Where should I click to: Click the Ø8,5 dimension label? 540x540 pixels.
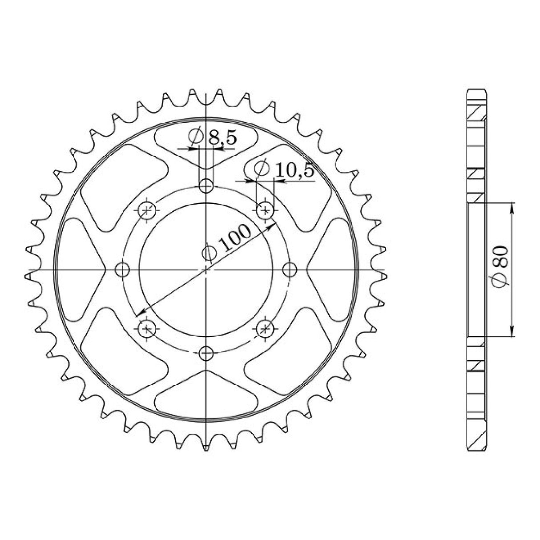(213, 137)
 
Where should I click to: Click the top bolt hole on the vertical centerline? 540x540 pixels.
(206, 185)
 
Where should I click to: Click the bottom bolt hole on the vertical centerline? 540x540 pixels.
(206, 353)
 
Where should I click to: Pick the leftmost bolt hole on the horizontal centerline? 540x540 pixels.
(122, 270)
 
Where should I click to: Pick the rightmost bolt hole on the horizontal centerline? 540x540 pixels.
(290, 270)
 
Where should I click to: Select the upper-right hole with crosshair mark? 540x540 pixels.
(265, 210)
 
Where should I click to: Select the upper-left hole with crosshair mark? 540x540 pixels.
(147, 210)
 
